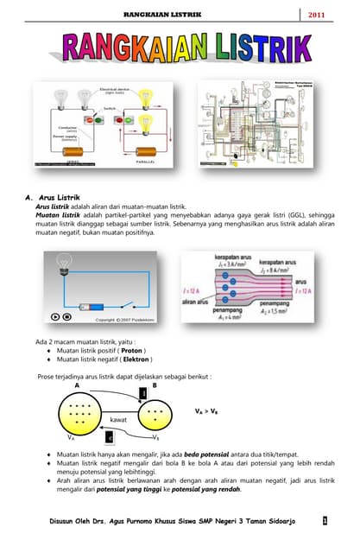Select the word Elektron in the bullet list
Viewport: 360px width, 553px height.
(135, 360)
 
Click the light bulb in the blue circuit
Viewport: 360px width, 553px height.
(62, 264)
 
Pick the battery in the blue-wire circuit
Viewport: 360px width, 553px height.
(92, 306)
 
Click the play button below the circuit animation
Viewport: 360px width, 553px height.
(57, 317)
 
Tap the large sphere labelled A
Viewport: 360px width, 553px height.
(81, 414)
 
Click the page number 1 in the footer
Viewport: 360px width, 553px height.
(324, 521)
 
